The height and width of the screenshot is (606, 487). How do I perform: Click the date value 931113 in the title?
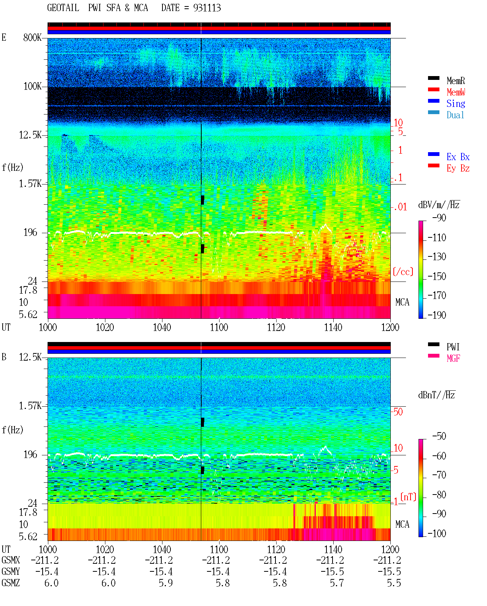coord(207,8)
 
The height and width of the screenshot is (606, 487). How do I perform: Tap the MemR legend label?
coord(455,81)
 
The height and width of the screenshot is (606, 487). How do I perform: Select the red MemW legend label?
coord(455,92)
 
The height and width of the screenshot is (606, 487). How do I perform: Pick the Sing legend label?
coord(455,103)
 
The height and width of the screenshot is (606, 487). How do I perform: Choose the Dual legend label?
coord(455,115)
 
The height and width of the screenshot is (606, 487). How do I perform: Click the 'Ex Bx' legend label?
coord(458,157)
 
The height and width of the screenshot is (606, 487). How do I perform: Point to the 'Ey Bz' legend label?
coord(458,169)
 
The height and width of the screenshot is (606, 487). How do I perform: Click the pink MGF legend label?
coord(453,358)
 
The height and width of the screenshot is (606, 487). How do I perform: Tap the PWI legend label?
coord(453,347)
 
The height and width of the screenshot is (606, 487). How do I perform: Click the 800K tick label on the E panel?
coord(32,37)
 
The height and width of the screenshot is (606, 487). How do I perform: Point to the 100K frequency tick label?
coord(32,86)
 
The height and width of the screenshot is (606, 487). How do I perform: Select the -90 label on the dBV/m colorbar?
coord(439,218)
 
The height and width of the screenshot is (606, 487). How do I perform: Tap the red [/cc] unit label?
coord(403,272)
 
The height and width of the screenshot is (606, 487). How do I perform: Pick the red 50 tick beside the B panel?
coord(398,412)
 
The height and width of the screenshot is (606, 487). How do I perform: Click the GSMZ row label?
coord(11,583)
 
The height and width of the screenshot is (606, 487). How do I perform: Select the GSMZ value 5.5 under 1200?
coord(394,583)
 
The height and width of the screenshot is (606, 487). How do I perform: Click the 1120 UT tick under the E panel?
coord(276,327)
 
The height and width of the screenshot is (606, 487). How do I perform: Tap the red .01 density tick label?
coord(400,207)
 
